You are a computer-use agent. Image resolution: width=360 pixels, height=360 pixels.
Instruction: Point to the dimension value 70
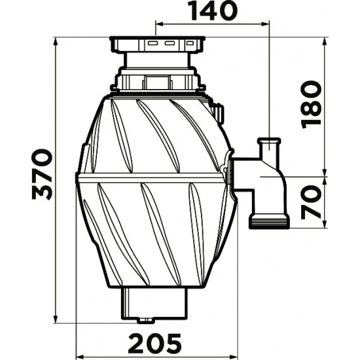coord(311,202)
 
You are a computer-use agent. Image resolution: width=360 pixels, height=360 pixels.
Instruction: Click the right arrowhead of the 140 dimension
coord(265,24)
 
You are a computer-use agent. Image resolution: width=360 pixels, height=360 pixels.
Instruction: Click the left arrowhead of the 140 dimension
coord(160,24)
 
